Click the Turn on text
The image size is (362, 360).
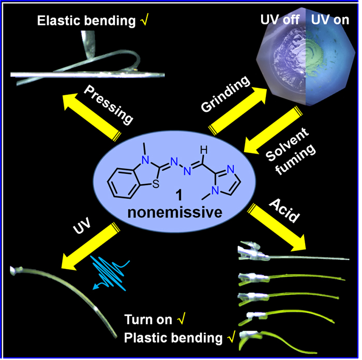coord(146,319)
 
